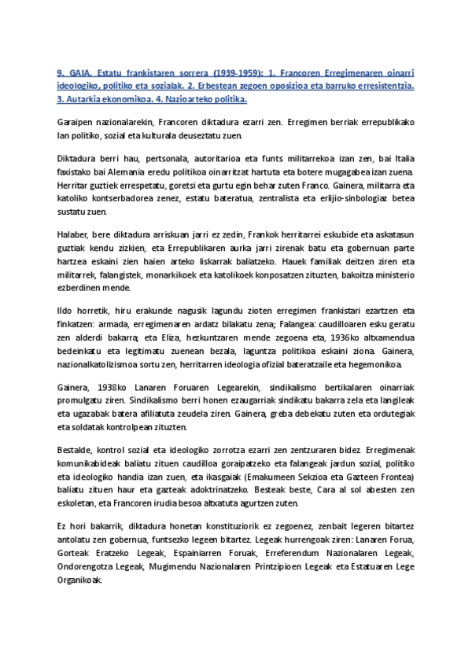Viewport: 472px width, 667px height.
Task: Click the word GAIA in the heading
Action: click(x=80, y=72)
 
